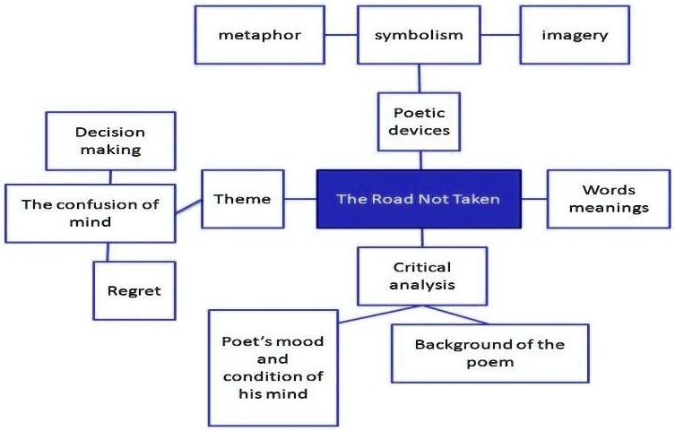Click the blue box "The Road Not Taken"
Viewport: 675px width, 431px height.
[x=418, y=199]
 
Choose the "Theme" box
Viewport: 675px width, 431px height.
[x=242, y=198]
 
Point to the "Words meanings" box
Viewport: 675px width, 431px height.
[x=609, y=199]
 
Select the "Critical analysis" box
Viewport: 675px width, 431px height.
[x=420, y=277]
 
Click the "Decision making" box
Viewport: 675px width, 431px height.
[x=108, y=141]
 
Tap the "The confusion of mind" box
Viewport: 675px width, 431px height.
[x=90, y=212]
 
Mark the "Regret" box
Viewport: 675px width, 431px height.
[x=133, y=290]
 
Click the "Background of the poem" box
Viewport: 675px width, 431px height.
[x=489, y=353]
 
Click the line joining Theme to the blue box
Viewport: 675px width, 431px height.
[x=300, y=199]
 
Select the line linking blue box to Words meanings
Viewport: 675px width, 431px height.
[x=534, y=199]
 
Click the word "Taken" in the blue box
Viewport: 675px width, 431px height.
[x=477, y=199]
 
